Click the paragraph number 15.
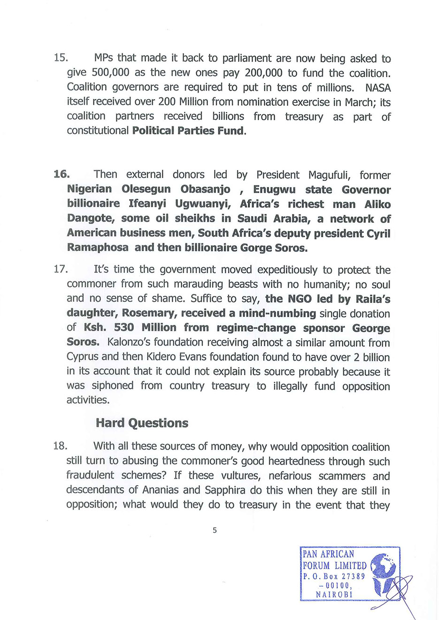click(61, 58)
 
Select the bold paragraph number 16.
click(62, 174)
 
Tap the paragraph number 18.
click(61, 446)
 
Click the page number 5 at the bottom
click(215, 530)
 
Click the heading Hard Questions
click(142, 423)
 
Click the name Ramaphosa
click(97, 248)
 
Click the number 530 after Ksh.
click(124, 328)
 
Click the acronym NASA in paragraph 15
click(378, 87)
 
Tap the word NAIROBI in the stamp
click(334, 594)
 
